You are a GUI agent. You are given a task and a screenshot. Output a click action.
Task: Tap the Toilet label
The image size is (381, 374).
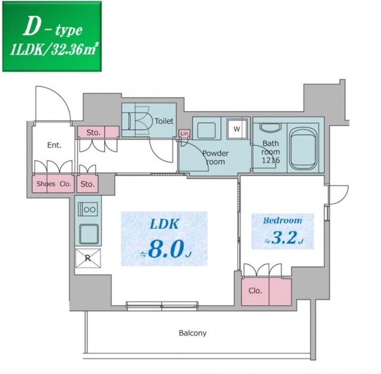164,121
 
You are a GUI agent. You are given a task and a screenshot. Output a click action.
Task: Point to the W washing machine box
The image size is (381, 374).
236,128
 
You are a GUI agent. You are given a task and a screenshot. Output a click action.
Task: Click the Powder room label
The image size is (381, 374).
214,157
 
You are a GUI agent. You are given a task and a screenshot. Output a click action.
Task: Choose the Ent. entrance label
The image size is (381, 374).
55,144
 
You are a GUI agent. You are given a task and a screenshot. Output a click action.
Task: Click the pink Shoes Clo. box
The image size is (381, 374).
54,184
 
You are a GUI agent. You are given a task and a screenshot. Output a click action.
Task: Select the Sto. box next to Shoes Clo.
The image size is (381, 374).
88,184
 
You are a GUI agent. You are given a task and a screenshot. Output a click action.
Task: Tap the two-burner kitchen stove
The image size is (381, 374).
88,209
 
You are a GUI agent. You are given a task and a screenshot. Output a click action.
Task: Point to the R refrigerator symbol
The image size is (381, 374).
88,257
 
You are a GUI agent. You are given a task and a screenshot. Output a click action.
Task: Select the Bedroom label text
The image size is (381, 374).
282,220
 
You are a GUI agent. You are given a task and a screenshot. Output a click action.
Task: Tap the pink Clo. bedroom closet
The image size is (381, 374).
267,291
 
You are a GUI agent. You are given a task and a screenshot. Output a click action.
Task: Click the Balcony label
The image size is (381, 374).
193,333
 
